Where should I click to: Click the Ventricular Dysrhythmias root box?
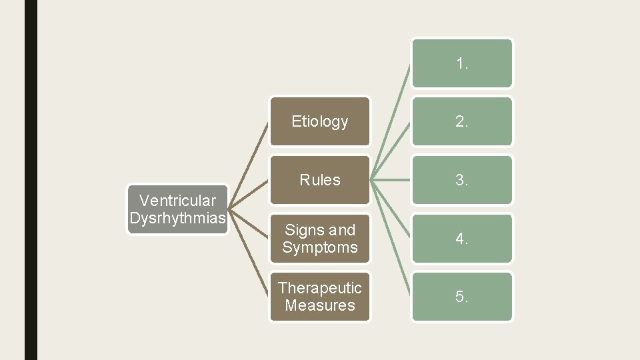point(178,209)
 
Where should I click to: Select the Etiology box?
point(319,121)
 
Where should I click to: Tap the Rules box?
point(319,180)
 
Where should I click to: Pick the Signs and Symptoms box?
point(319,239)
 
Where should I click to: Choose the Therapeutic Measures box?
point(319,297)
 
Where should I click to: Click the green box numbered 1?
point(462,63)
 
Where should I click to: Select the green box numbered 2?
point(462,121)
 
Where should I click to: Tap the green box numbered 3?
point(462,180)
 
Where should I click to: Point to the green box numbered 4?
point(462,239)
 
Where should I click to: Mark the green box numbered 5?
point(462,297)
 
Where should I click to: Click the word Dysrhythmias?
point(178,219)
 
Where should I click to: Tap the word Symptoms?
point(319,248)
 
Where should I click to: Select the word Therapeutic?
point(319,288)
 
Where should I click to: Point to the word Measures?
point(319,306)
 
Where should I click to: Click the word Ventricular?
point(178,200)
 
